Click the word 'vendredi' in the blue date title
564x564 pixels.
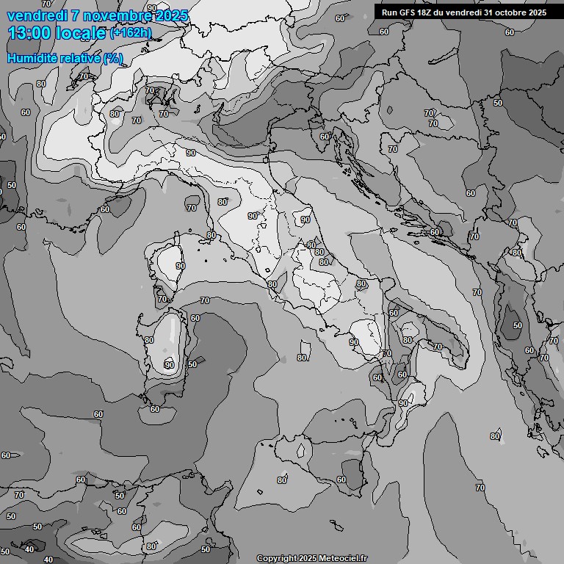pyautogui.click(x=37, y=15)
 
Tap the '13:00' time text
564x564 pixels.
pyautogui.click(x=29, y=33)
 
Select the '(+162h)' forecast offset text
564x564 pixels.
pyautogui.click(x=131, y=33)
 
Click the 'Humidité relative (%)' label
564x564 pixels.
pyautogui.click(x=65, y=57)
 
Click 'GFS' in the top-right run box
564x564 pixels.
pyautogui.click(x=410, y=12)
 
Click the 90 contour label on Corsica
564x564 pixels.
pyautogui.click(x=180, y=266)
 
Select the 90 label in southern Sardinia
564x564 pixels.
pyautogui.click(x=170, y=364)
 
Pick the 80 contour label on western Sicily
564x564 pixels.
pyautogui.click(x=282, y=480)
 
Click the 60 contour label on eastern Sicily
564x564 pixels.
pyautogui.click(x=341, y=480)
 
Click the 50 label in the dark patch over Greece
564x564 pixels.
pyautogui.click(x=518, y=325)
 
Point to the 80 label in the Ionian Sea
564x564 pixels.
pyautogui.click(x=494, y=436)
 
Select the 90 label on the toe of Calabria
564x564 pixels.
pyautogui.click(x=403, y=403)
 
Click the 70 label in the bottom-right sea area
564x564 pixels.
pyautogui.click(x=480, y=488)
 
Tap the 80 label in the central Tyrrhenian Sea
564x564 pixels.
pyautogui.click(x=302, y=358)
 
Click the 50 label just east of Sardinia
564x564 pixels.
pyautogui.click(x=192, y=364)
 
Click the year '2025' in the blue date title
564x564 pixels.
pyautogui.click(x=170, y=15)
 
